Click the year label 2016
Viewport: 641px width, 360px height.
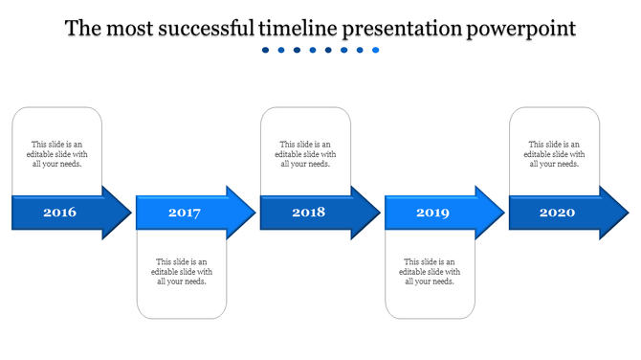click(x=59, y=212)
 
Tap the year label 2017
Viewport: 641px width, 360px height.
click(x=184, y=213)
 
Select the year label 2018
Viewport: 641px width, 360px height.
click(x=308, y=212)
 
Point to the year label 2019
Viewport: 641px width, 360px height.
click(x=432, y=213)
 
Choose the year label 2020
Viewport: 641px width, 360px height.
click(x=557, y=212)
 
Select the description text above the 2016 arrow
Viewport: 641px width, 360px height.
click(x=56, y=154)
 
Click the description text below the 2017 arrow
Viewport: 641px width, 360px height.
click(x=182, y=271)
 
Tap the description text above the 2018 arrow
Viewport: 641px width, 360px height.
click(x=305, y=154)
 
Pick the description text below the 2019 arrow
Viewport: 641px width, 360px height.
click(x=430, y=271)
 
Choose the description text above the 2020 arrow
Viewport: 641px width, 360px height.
click(x=554, y=154)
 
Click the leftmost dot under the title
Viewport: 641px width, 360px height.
click(x=266, y=51)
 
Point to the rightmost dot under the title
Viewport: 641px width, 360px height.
click(x=376, y=51)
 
